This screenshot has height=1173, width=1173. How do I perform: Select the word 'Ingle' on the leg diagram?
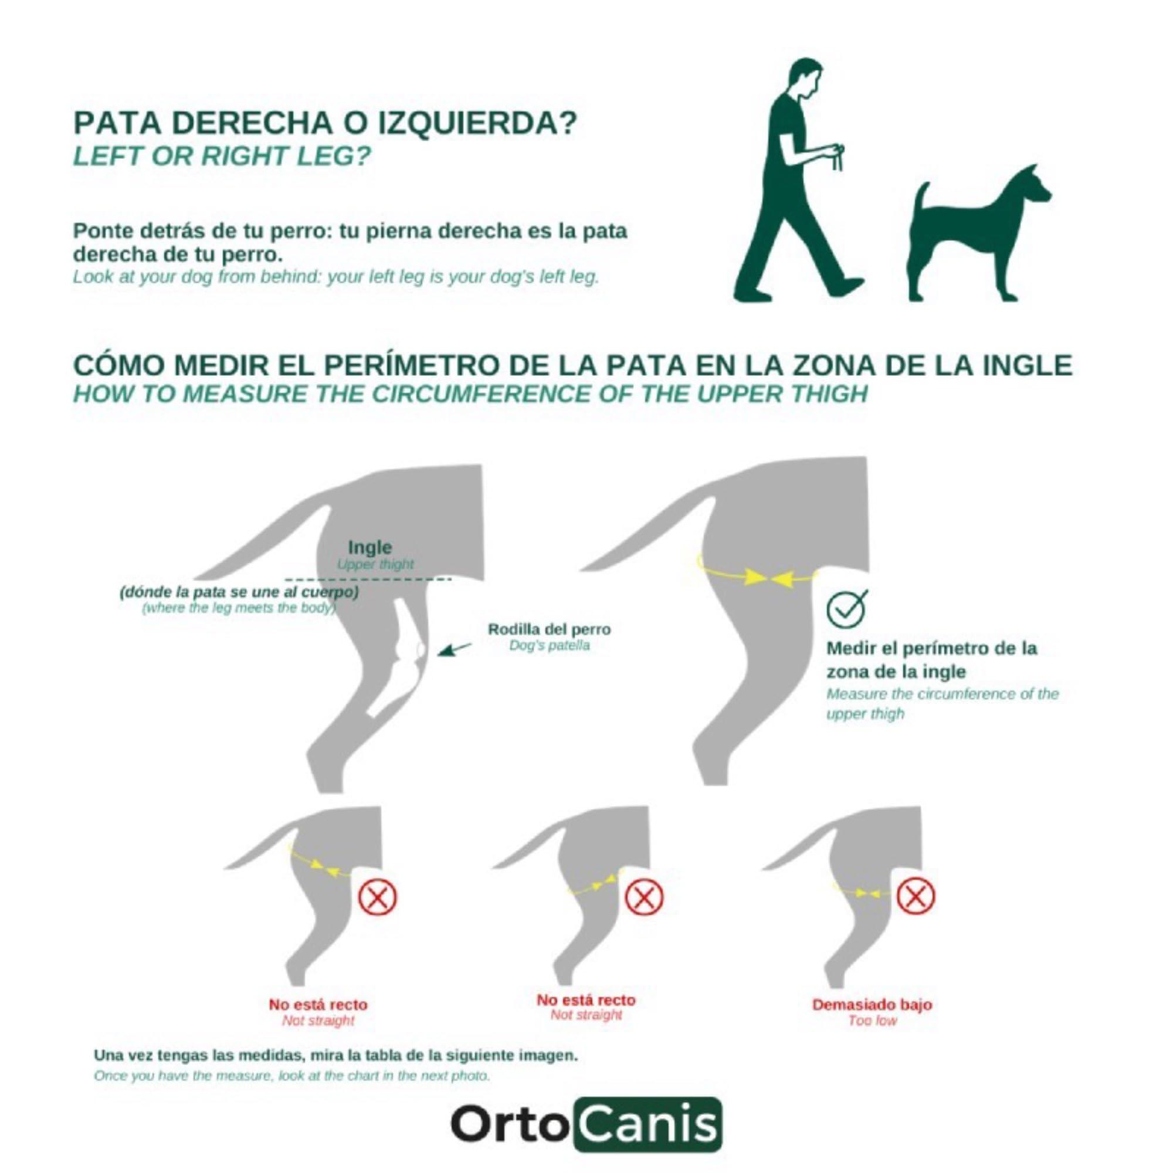point(369,548)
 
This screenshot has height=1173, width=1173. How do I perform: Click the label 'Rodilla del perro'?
point(549,629)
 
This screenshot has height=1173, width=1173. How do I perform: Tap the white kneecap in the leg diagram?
point(419,650)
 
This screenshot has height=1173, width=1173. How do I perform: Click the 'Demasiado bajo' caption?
point(872,1004)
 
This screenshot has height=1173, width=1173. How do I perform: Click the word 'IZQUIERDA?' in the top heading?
point(478,123)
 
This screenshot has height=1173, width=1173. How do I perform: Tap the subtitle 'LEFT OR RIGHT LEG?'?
point(222,157)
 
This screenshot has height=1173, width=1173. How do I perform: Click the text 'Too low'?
point(872,1021)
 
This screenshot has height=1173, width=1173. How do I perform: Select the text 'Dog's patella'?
point(549,645)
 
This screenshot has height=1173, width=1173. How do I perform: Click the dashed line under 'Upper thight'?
point(367,578)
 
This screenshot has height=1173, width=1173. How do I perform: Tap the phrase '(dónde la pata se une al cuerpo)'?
point(239,592)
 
